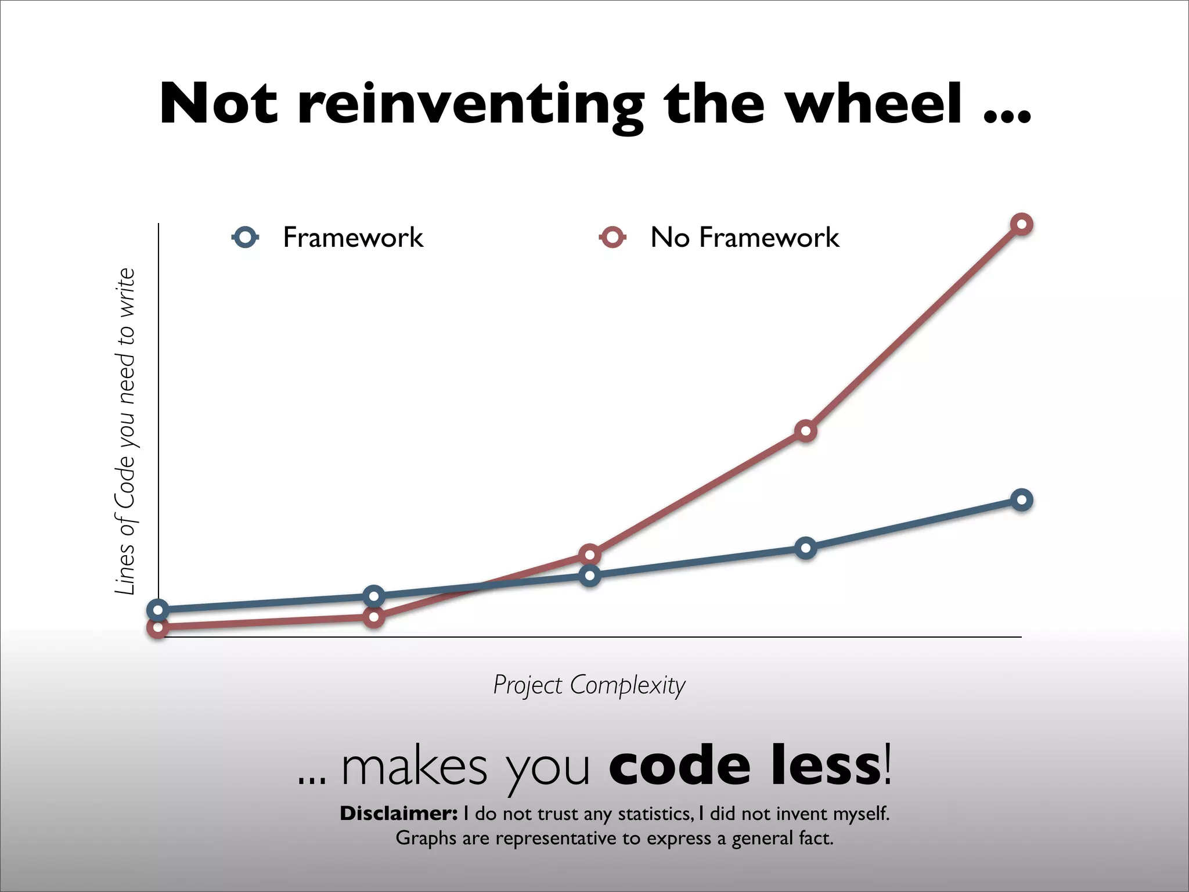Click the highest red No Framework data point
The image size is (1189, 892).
point(1021,224)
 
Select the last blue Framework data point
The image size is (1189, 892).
point(1021,499)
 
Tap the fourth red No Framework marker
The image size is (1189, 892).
point(805,431)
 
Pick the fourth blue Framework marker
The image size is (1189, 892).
point(805,548)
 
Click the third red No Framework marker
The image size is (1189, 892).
point(589,555)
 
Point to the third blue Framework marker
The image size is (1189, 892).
point(589,576)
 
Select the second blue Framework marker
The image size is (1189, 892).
point(374,596)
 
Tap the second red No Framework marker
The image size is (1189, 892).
point(374,617)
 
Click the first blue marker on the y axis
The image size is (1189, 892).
point(158,610)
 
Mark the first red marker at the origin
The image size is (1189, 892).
point(158,627)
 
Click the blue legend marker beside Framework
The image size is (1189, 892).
point(246,238)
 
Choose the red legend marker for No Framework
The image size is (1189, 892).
point(612,238)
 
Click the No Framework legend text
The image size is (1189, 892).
point(744,238)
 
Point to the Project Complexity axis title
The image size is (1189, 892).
point(589,685)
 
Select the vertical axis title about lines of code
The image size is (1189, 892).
point(125,431)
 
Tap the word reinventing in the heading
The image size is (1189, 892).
point(470,105)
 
